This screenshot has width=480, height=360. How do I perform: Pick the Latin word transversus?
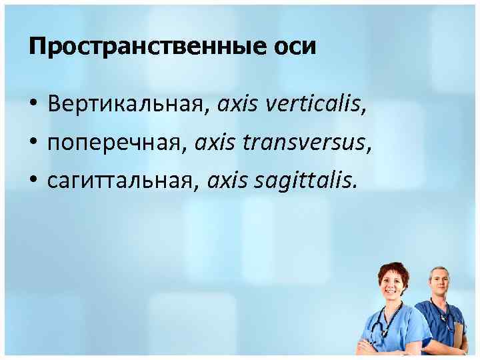coord(309,141)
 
